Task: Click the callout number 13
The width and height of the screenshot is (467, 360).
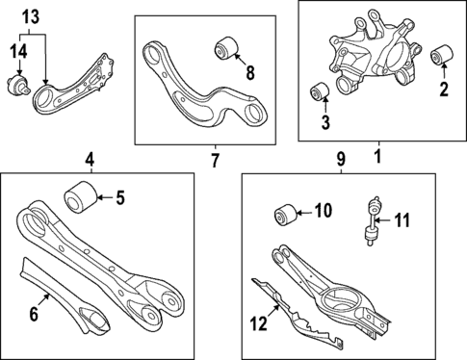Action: click(x=31, y=16)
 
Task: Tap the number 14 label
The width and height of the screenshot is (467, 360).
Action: click(x=19, y=51)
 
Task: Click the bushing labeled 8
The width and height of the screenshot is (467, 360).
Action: click(x=227, y=44)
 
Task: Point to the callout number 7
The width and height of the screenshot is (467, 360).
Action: click(x=215, y=158)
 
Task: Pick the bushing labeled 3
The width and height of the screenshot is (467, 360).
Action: click(x=321, y=94)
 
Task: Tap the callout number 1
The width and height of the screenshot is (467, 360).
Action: click(x=377, y=155)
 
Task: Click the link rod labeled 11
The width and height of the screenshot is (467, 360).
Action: click(x=372, y=221)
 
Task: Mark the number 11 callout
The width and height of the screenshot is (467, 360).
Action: click(x=402, y=220)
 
